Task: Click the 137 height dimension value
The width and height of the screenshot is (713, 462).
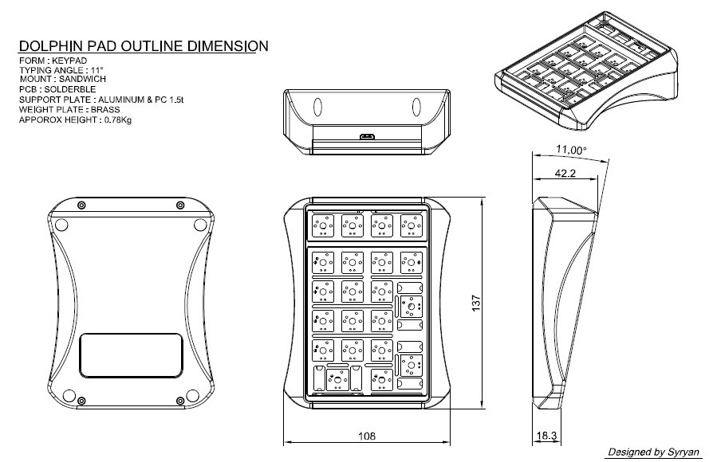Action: pos(476,303)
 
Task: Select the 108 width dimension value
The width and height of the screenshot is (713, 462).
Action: pos(367,436)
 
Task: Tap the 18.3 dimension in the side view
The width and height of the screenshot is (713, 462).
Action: pos(546,436)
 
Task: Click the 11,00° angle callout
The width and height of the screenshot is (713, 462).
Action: pos(571,150)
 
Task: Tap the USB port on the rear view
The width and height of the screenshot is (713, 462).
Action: pos(367,137)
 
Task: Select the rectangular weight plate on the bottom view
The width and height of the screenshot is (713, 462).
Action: pos(131,354)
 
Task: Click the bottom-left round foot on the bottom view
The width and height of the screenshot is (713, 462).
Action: pos(69,395)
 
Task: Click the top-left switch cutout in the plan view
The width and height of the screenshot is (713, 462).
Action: pos(323,225)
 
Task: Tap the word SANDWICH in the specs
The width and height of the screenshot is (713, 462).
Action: pos(81,80)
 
